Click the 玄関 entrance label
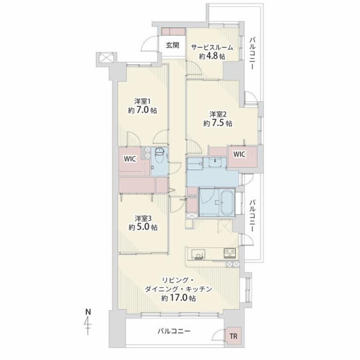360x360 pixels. click(x=172, y=46)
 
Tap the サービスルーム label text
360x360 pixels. click(x=212, y=47)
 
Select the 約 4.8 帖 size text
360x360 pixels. click(x=212, y=56)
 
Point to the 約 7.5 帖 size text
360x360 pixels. click(x=218, y=123)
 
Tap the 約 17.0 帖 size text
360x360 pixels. click(x=179, y=298)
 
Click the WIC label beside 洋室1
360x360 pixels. click(x=130, y=159)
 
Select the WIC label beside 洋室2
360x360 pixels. click(x=239, y=154)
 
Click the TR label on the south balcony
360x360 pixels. click(x=233, y=337)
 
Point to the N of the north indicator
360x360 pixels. click(x=88, y=312)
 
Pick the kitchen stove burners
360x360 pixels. click(x=230, y=253)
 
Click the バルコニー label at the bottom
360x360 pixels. click(x=174, y=331)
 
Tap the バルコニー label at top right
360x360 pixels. click(x=253, y=53)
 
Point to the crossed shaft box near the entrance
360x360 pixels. click(x=106, y=57)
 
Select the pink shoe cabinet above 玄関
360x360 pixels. click(x=173, y=31)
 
